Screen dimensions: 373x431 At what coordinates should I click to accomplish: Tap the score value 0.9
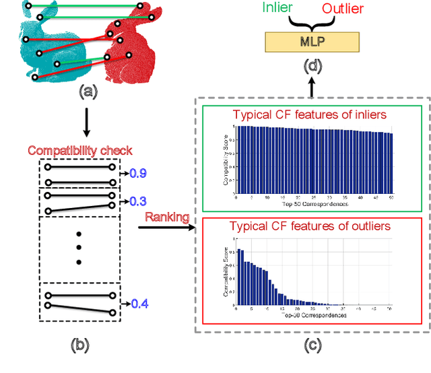[x=138, y=174]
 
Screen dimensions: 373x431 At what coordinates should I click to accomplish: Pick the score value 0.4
[x=139, y=304]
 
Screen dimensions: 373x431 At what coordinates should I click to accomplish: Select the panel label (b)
[x=79, y=346]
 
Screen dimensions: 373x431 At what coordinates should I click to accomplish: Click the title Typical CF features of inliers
[x=310, y=114]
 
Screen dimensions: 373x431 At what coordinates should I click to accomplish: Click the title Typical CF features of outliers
[x=309, y=226]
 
